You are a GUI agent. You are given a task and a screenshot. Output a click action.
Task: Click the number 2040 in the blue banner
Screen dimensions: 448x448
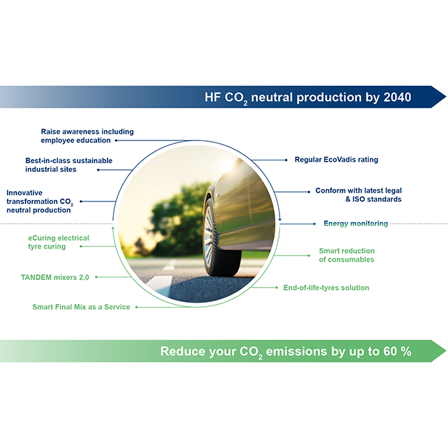point(397,97)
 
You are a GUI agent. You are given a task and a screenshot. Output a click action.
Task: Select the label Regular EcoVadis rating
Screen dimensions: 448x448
point(336,160)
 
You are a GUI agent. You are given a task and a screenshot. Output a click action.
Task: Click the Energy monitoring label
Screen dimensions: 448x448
point(356,223)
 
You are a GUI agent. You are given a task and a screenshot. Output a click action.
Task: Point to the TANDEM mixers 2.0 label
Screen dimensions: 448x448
point(55,277)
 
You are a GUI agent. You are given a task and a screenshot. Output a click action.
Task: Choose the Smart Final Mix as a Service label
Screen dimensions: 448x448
point(81,307)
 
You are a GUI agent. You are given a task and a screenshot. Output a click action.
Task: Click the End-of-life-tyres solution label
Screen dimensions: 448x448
point(326,288)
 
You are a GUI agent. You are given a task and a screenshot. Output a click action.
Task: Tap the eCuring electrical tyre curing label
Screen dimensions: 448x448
point(59,242)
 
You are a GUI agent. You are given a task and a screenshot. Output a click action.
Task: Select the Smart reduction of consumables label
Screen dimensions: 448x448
point(347,255)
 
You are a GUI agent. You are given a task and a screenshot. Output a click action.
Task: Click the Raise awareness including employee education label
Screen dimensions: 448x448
point(87,136)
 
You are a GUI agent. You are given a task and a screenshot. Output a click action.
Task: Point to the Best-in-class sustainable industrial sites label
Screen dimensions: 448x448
point(69,165)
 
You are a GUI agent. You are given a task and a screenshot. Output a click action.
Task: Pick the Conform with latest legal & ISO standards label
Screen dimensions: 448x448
point(358,195)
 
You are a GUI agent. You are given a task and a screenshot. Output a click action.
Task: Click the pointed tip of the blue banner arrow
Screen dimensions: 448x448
point(446,97)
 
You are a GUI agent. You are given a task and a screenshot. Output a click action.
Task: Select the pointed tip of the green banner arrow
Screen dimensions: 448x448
point(446,351)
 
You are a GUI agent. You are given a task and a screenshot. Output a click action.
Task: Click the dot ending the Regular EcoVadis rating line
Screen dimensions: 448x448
point(286,160)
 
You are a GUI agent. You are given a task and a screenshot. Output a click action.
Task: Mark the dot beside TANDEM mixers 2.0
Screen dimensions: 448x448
point(97,277)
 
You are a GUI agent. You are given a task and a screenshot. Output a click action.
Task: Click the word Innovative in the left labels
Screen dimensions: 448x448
point(24,192)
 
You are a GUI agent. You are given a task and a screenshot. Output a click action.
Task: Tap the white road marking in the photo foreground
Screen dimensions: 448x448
point(158,284)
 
